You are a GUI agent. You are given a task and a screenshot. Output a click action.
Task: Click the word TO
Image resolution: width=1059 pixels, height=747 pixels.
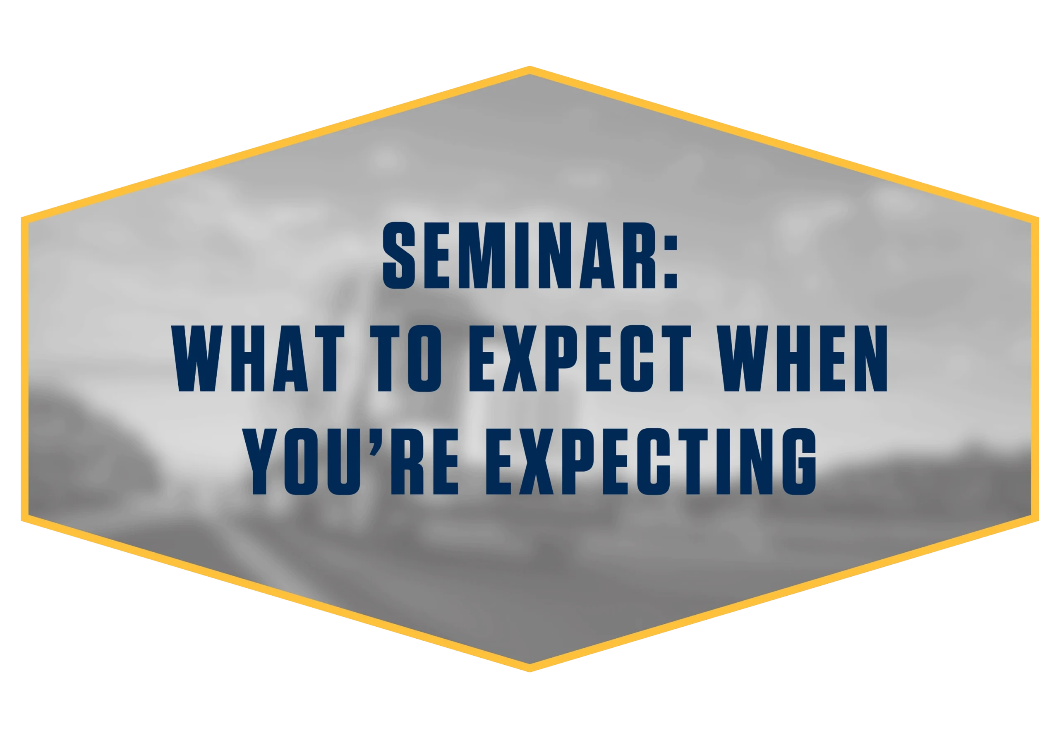pos(406,358)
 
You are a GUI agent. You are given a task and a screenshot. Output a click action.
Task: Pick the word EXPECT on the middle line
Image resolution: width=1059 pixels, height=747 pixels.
pos(580,358)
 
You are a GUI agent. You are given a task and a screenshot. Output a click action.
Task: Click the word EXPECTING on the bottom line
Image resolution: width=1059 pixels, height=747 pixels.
pos(651,461)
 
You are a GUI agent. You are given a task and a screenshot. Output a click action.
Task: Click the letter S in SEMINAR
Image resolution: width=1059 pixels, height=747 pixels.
pos(399,255)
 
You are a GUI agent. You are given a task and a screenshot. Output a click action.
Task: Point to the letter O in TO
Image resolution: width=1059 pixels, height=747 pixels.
pos(425,358)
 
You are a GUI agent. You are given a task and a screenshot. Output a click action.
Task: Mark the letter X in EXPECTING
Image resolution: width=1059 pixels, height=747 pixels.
pos(537,461)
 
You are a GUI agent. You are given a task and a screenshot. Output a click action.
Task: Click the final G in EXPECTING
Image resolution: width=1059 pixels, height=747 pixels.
pos(800,461)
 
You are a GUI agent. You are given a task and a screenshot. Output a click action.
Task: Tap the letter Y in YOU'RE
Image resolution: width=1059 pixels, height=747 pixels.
pos(260,461)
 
